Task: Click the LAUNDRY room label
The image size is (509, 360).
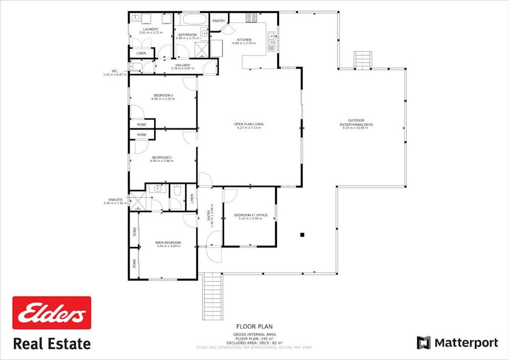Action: (x=149, y=29)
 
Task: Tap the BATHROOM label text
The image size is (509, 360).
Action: (x=187, y=35)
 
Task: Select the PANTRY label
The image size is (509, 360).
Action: (x=219, y=21)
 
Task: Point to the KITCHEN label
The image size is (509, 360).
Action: (x=244, y=39)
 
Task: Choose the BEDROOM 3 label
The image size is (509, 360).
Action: (x=163, y=95)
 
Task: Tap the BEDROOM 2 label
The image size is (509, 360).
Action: (x=162, y=157)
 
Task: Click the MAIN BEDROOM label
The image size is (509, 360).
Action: (x=169, y=243)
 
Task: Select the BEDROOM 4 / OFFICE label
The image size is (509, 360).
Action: (x=248, y=215)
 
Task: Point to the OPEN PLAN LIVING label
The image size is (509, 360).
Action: (x=249, y=124)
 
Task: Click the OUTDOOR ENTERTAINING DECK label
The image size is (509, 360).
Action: (x=356, y=122)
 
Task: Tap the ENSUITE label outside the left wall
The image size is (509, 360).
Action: (x=116, y=199)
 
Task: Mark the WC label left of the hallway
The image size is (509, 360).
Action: (x=114, y=71)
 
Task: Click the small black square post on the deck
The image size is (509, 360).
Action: (x=302, y=234)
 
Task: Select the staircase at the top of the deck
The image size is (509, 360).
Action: (x=363, y=59)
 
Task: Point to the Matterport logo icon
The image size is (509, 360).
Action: (x=423, y=342)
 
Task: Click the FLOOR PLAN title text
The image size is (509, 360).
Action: (x=254, y=326)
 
